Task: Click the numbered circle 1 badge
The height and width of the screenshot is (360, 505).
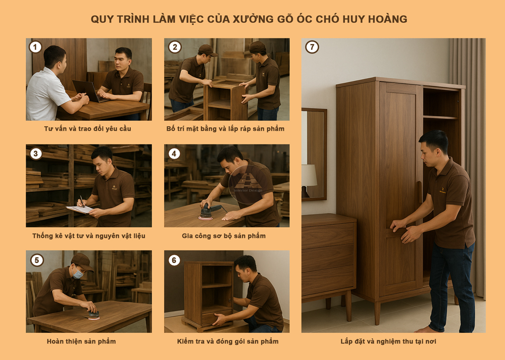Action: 35,47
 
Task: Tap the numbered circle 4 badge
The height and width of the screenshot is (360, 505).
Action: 174,153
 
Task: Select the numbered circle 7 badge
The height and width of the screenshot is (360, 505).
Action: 312,47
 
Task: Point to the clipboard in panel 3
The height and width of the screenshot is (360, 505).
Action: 80,209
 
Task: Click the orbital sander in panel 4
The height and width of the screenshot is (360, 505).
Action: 206,212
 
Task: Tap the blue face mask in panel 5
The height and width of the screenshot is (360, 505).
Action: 78,274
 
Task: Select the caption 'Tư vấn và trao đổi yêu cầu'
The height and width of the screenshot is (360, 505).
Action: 87,129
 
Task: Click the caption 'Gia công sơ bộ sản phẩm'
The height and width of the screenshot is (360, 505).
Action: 224,236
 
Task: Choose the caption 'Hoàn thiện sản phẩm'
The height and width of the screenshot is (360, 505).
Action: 81,341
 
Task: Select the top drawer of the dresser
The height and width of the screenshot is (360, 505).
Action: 328,236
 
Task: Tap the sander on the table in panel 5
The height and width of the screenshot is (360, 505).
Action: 93,315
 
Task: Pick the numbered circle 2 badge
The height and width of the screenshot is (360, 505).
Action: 174,47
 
